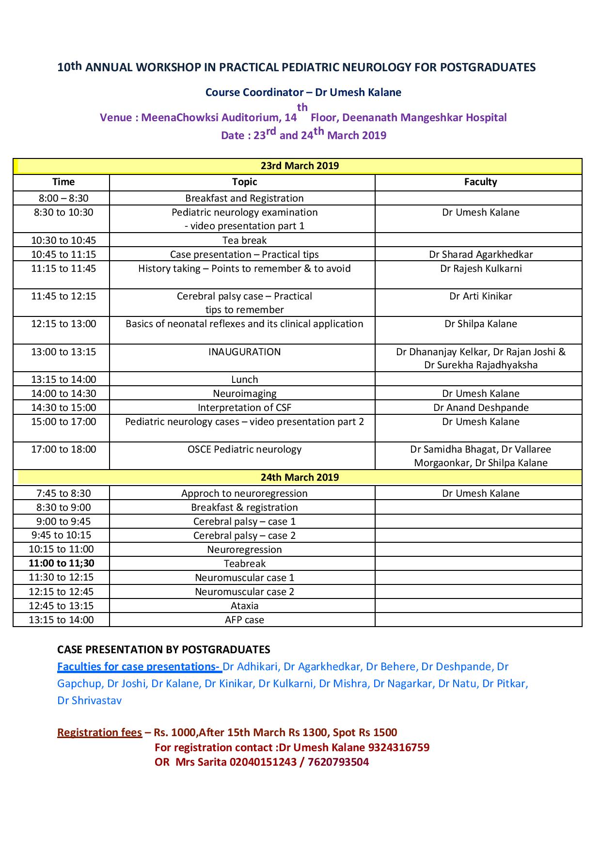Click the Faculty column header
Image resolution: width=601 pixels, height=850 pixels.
coord(480,182)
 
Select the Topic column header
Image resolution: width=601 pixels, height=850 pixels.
coord(244,182)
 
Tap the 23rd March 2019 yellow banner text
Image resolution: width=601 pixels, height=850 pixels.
coord(300,166)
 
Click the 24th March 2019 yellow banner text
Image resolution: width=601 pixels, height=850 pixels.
coord(300,477)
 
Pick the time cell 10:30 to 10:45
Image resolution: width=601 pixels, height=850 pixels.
coord(63,240)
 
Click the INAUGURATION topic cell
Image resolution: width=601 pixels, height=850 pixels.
coord(244,352)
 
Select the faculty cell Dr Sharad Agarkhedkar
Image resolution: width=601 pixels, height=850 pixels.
coord(481,254)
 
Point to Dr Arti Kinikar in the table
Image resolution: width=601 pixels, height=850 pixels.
coord(481,296)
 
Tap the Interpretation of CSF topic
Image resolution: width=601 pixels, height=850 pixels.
coord(244,408)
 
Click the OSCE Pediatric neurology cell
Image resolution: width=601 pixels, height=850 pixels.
coord(244,449)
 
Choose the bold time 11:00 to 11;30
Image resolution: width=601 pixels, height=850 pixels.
coord(62,563)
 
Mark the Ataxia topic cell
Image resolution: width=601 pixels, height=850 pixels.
coord(244,606)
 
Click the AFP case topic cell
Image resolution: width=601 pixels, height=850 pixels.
coord(244,620)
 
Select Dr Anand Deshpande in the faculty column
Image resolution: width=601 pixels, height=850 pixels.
coord(481,408)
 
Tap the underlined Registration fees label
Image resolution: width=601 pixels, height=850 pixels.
coord(99,732)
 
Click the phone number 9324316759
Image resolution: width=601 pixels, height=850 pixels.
coord(398,747)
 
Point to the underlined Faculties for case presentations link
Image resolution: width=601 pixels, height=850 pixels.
coord(139,667)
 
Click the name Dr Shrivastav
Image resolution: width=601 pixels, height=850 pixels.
coord(89,700)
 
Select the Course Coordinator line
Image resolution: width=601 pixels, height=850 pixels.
coord(303,92)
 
